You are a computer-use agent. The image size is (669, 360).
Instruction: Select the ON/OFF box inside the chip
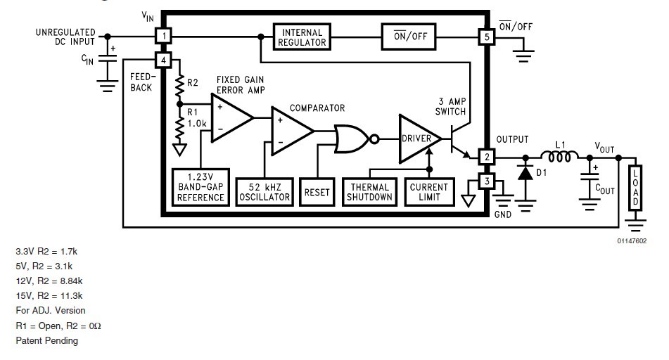[x=409, y=37]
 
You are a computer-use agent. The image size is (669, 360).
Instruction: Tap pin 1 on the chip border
[x=163, y=36]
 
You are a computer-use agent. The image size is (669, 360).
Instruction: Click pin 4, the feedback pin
[x=163, y=60]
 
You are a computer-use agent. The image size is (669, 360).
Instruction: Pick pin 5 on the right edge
[x=485, y=36]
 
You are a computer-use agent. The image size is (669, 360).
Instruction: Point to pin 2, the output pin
[x=485, y=156]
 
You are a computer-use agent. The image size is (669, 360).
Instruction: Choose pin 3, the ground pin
[x=485, y=181]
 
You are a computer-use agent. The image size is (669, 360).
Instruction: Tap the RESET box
[x=316, y=191]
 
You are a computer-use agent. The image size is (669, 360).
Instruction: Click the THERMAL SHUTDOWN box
[x=370, y=191]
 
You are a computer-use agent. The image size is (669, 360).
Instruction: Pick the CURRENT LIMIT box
[x=428, y=191]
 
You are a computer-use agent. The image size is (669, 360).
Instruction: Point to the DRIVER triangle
[x=416, y=139]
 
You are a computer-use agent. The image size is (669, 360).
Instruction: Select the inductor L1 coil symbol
[x=560, y=157]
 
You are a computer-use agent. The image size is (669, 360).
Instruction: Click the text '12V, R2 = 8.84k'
[x=49, y=281]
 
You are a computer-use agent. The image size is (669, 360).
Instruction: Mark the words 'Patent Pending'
[x=46, y=340]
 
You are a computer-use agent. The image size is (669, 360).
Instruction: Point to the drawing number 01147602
[x=632, y=240]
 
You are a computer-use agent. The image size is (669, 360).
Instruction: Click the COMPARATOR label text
[x=318, y=108]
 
